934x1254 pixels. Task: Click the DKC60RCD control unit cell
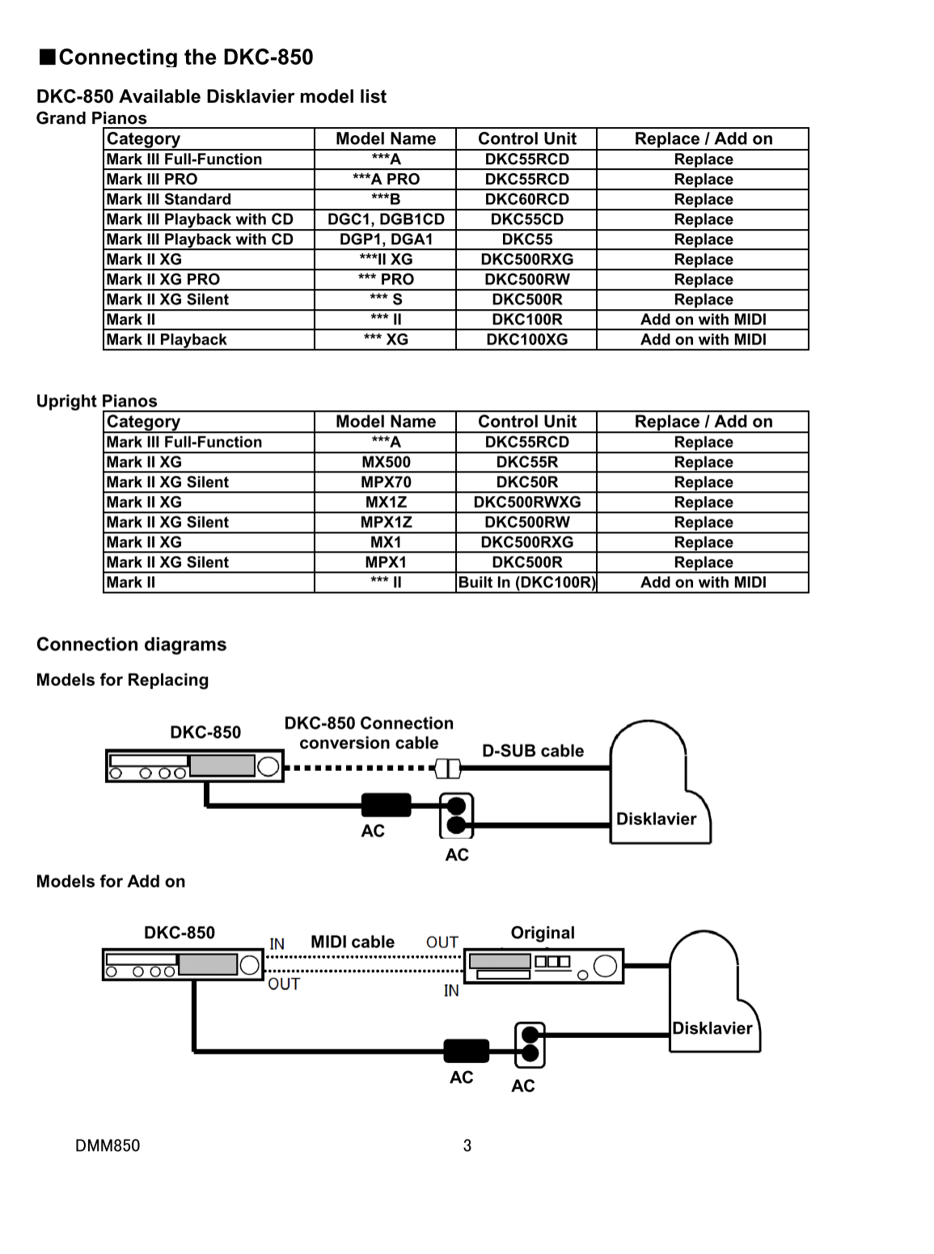[x=526, y=199]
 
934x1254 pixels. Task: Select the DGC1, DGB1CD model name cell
[x=386, y=219]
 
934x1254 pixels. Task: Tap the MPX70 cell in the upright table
[x=386, y=482]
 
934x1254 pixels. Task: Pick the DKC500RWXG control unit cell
[x=526, y=502]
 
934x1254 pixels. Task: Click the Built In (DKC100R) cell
[x=526, y=583]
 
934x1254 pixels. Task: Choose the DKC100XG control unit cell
[x=526, y=339]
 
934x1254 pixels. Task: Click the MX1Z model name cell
[x=386, y=502]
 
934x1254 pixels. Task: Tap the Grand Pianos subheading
[x=91, y=118]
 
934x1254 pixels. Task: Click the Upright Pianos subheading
[x=97, y=400]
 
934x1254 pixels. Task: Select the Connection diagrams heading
[x=131, y=645]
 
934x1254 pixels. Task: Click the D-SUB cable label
[x=533, y=751]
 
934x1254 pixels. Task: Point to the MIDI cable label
[x=353, y=942]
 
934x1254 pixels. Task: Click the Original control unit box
[x=544, y=966]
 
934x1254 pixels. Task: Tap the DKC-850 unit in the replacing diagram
[x=195, y=766]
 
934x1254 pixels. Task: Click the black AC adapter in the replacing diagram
[x=387, y=805]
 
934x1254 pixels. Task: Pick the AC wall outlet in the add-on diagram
[x=530, y=1044]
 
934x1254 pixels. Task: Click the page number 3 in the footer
[x=467, y=1146]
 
